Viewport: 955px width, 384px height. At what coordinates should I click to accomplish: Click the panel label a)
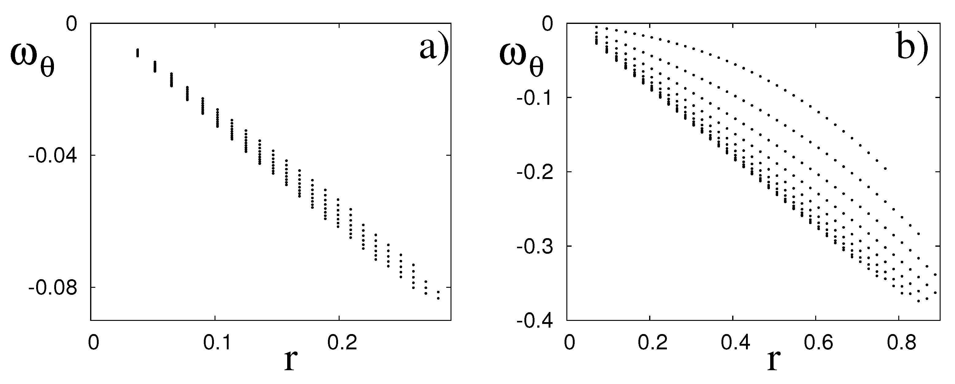click(x=434, y=48)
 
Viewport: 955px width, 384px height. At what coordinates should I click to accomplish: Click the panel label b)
click(x=912, y=48)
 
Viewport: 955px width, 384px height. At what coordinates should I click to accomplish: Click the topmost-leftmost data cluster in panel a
click(x=138, y=53)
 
